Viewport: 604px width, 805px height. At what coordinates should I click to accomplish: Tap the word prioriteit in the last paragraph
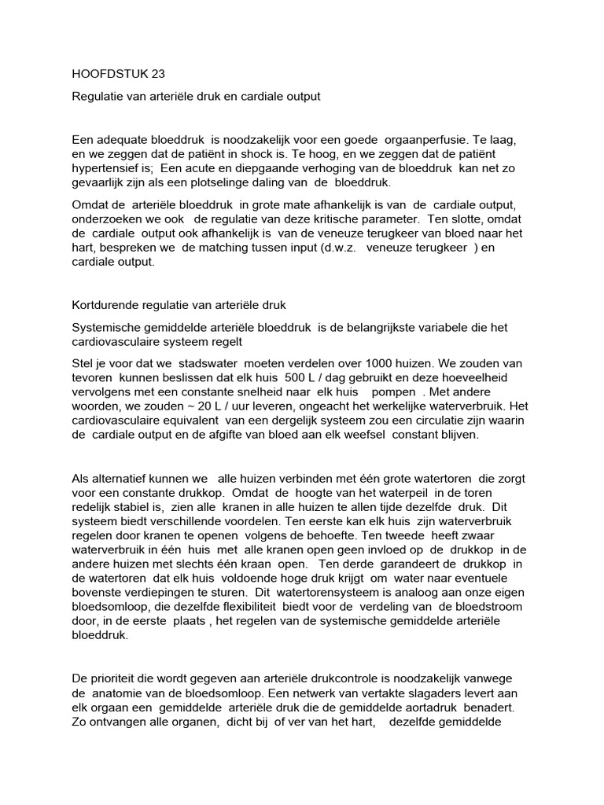[116, 678]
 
